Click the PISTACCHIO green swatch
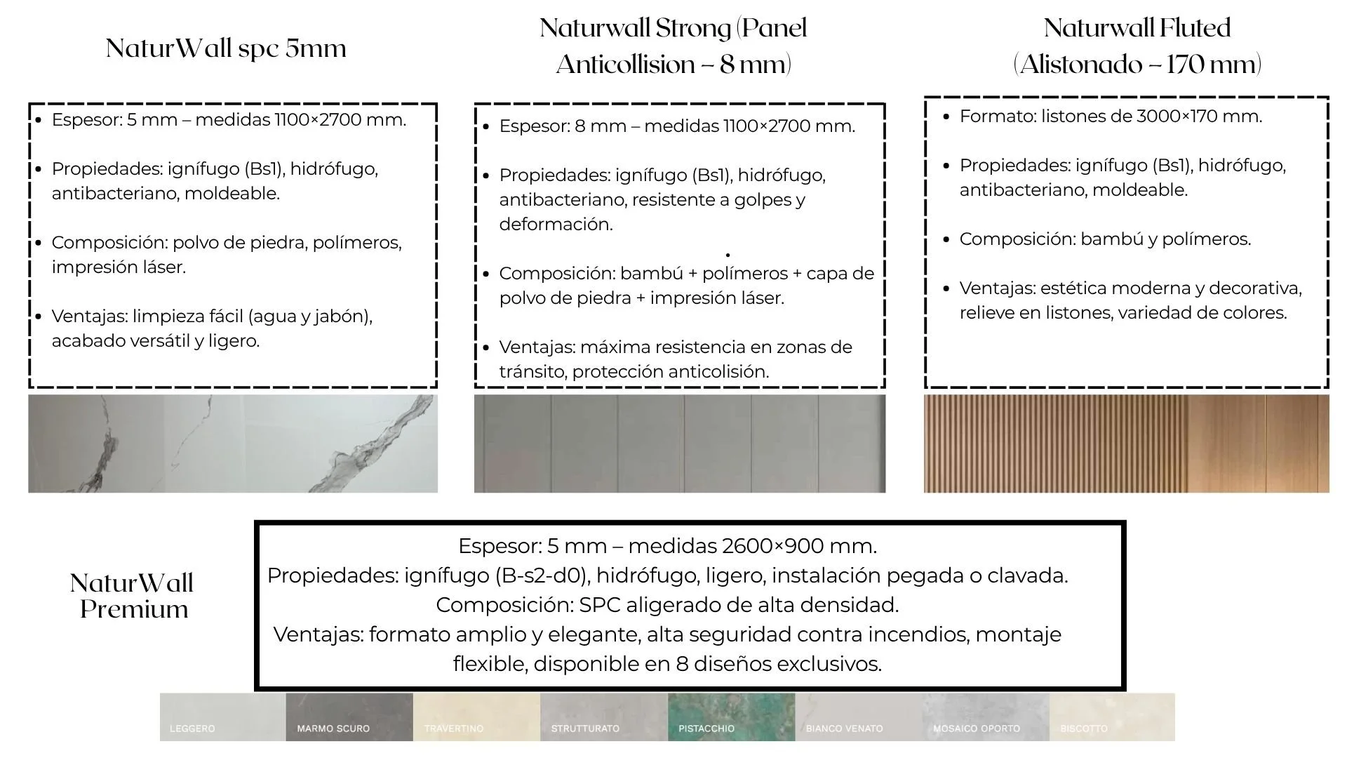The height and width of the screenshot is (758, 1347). point(731,717)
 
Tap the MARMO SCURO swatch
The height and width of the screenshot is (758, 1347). point(349,717)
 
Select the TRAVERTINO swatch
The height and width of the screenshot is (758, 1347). point(476,717)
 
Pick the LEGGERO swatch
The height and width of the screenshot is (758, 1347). point(222,717)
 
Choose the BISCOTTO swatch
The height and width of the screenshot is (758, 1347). point(1112,717)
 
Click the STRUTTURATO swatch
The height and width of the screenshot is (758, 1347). point(603,717)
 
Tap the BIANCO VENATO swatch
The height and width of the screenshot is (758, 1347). point(858,717)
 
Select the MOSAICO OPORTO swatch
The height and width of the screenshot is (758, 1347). point(985,717)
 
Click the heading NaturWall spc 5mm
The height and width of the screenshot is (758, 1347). point(226,48)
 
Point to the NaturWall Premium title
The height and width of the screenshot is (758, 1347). point(133,596)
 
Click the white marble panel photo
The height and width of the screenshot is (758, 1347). point(233,443)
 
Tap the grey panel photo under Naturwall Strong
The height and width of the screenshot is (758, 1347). point(679,443)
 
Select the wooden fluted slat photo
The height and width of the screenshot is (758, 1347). point(1126,443)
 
